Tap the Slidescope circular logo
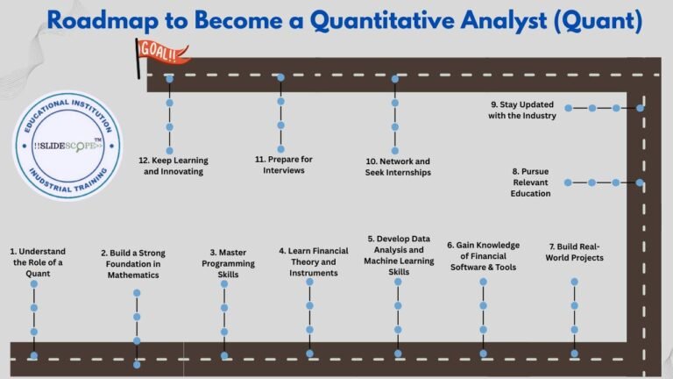pos(67,145)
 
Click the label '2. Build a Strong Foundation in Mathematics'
pos(132,264)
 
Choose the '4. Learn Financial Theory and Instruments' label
pos(313,261)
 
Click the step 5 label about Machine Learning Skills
pos(399,254)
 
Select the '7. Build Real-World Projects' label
pos(576,252)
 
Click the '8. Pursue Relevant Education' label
pos(532,182)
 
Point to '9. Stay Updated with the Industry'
pos(522,110)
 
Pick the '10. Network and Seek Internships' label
pos(397,167)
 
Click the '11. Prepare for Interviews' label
pos(284,165)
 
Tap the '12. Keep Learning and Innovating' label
pos(170,166)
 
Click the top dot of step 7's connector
pos(575,282)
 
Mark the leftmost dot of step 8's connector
pos(568,182)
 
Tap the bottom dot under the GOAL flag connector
pos(169,151)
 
